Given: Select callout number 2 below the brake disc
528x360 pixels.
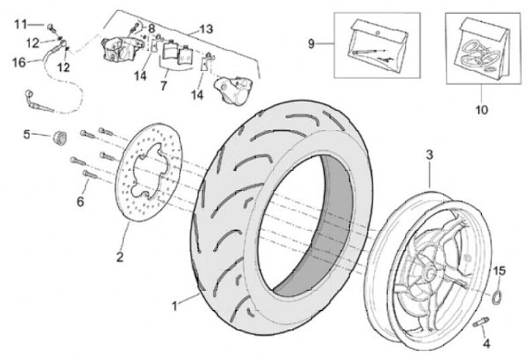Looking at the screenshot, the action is point(119,257).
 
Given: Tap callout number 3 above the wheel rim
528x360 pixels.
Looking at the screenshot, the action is point(430,155).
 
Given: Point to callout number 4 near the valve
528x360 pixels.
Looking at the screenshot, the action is point(485,344).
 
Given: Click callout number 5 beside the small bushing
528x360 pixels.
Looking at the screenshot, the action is point(27,134).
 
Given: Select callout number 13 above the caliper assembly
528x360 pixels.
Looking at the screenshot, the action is point(205,29).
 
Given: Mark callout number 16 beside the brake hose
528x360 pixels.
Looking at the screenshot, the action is point(19,63).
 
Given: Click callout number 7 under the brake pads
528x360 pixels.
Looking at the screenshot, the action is point(163,87).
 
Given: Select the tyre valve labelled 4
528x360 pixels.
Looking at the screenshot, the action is point(482,323).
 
